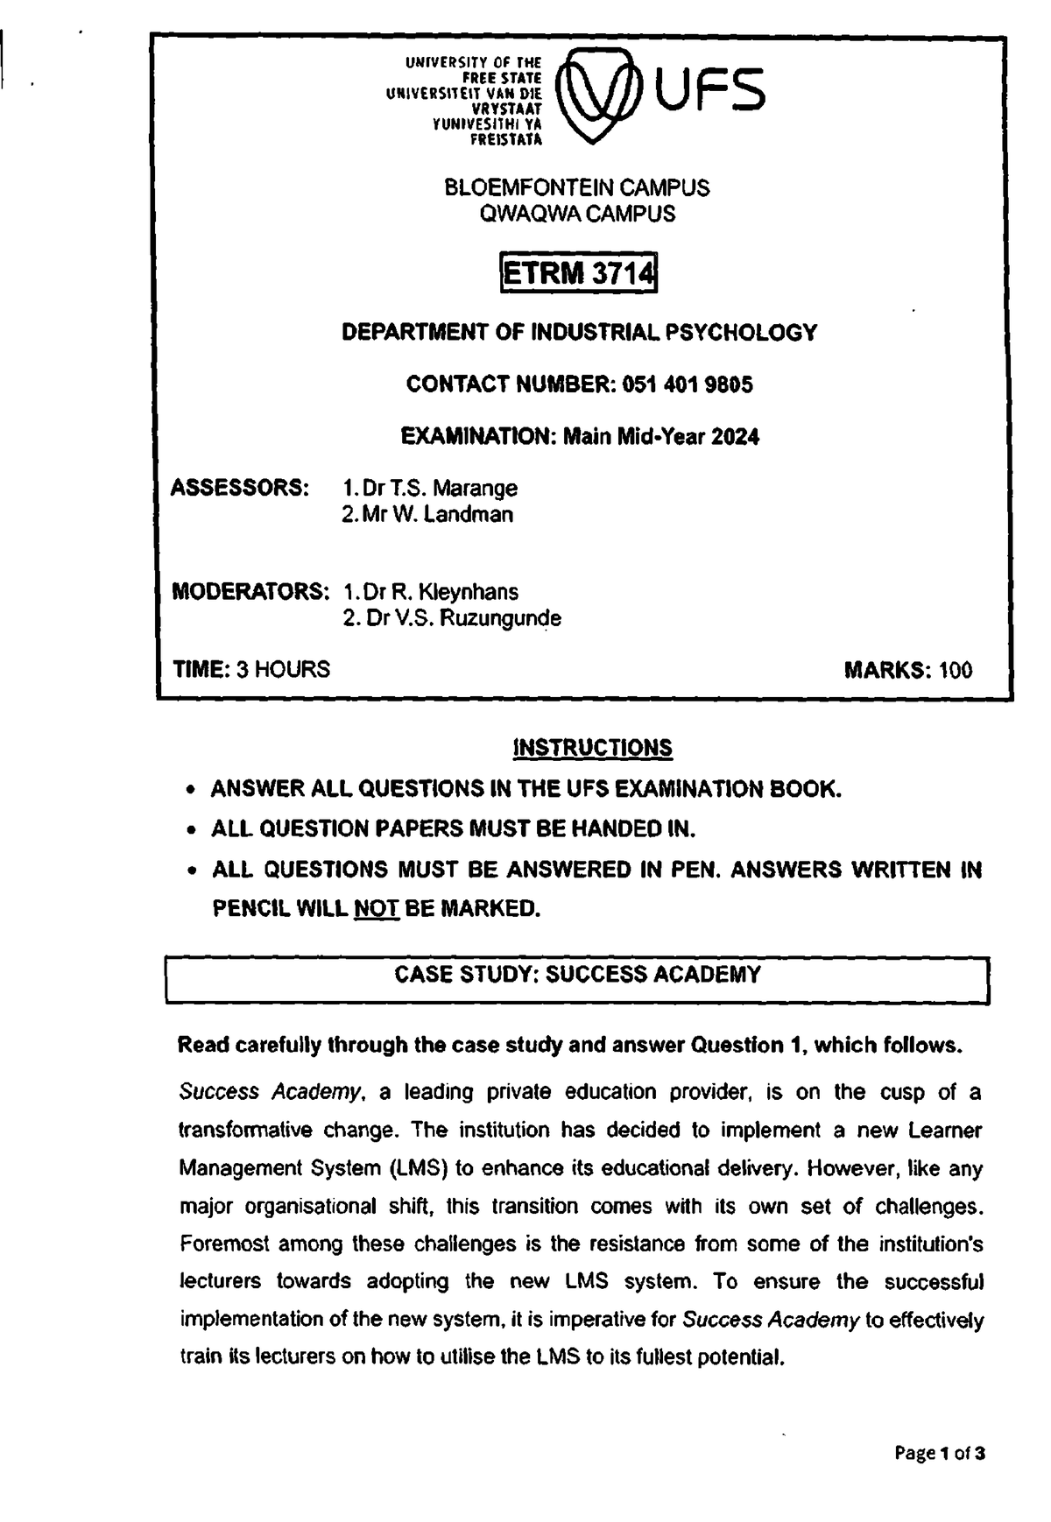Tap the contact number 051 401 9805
click(687, 384)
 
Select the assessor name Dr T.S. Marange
click(429, 488)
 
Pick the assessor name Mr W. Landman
click(427, 515)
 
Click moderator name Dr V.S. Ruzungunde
click(452, 618)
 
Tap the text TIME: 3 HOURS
click(251, 670)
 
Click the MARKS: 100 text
click(907, 671)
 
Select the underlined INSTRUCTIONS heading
click(592, 747)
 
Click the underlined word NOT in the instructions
click(376, 908)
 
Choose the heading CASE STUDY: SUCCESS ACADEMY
click(577, 975)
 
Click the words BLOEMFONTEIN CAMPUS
click(577, 187)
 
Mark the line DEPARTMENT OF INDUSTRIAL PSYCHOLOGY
click(578, 333)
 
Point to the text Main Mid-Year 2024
click(661, 436)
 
